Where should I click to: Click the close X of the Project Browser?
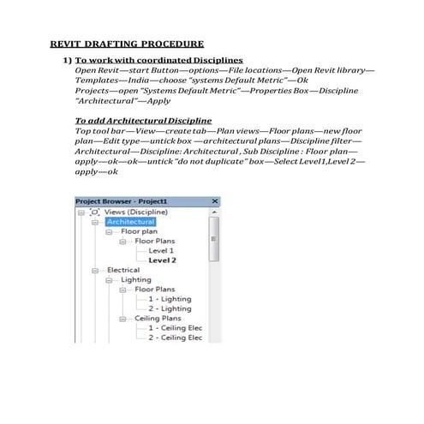point(214,202)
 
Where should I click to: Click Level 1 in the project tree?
point(160,250)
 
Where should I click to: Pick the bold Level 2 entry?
point(162,260)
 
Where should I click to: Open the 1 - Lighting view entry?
point(170,299)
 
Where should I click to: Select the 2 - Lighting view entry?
point(170,308)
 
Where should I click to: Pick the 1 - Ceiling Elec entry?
point(175,327)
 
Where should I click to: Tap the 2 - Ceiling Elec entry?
point(175,337)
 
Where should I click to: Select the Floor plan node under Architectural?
point(139,231)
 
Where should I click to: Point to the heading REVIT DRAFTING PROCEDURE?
point(126,43)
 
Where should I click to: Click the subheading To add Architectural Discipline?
point(143,120)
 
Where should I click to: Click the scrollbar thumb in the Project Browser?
point(214,237)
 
